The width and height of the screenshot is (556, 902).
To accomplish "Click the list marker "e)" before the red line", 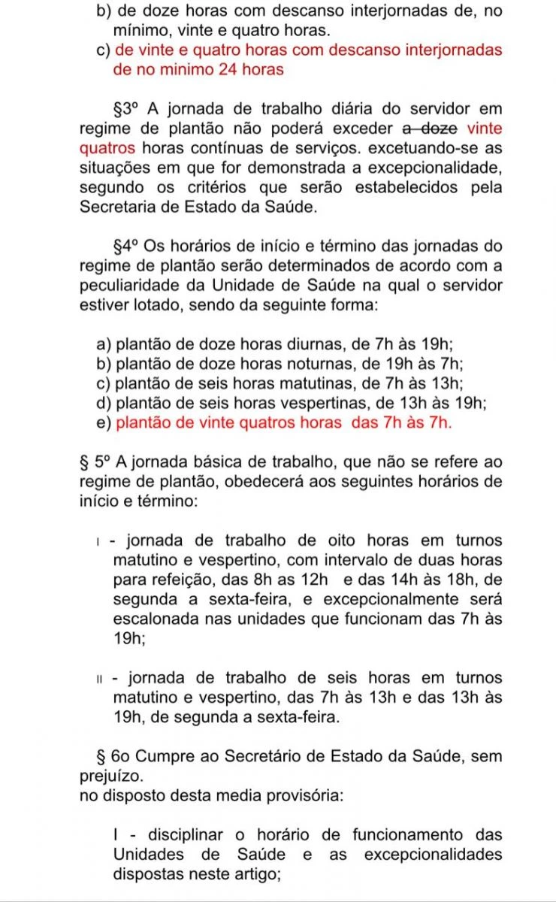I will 104,423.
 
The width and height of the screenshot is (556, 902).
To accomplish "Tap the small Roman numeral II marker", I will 99,680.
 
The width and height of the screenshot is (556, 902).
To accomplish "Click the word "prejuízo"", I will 110,776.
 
